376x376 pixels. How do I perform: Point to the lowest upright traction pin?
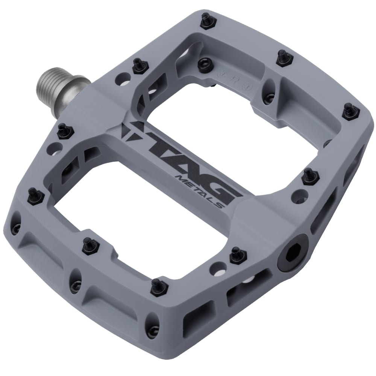click(159, 287)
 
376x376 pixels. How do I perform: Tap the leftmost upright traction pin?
click(35, 196)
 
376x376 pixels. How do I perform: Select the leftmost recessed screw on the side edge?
click(16, 228)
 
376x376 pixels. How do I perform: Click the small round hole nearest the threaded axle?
click(123, 79)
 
